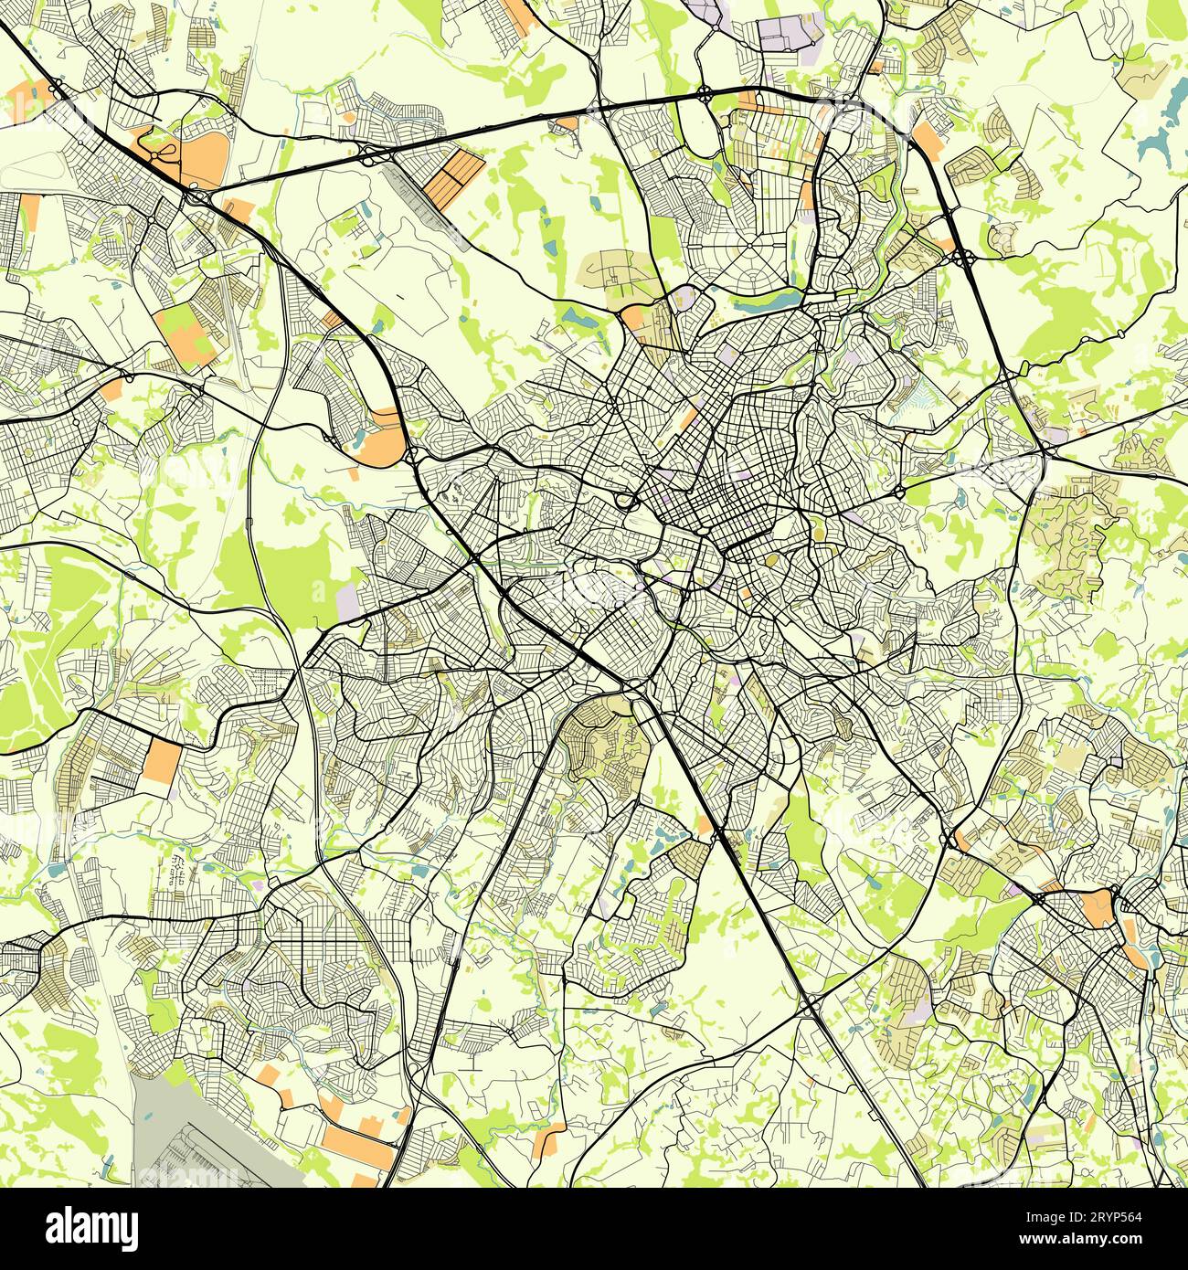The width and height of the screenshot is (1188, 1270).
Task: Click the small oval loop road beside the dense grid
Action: click(x=626, y=500)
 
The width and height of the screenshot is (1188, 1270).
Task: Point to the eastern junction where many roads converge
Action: click(x=1043, y=450)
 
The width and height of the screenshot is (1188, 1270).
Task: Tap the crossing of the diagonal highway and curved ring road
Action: click(x=810, y=1008)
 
